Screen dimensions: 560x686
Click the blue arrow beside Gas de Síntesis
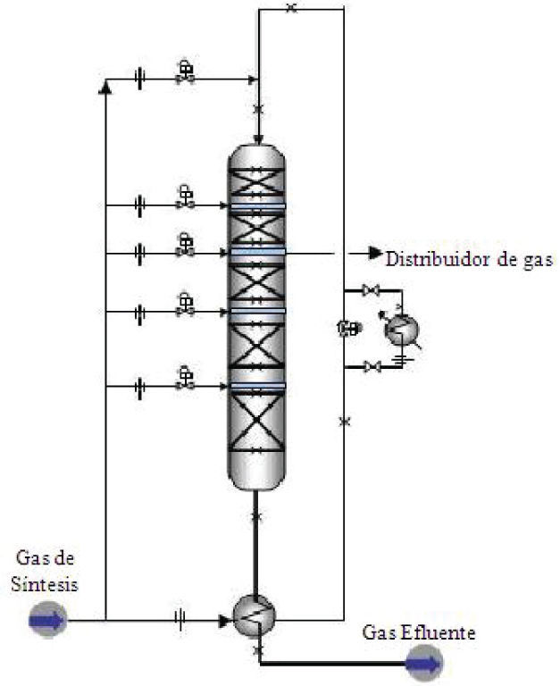point(46,620)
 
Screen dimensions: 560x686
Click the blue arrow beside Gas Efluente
point(423,663)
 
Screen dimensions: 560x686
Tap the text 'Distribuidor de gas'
point(469,260)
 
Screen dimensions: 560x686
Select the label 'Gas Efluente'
point(419,633)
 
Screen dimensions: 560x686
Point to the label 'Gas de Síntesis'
point(46,571)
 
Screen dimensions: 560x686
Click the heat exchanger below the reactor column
point(255,614)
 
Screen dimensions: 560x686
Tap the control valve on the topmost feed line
point(186,72)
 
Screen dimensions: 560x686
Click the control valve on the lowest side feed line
point(185,379)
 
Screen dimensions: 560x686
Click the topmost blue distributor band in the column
point(257,205)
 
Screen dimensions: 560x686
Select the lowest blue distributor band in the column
point(257,386)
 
